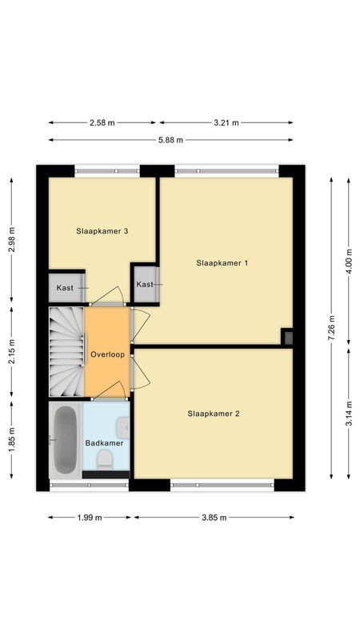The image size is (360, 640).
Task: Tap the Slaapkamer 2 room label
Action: (x=214, y=414)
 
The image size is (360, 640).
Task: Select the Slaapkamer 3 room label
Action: (x=102, y=231)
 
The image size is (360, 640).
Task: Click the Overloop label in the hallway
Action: (x=107, y=354)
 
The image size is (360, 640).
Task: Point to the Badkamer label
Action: (x=105, y=442)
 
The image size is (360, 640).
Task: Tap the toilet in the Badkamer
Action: (x=104, y=460)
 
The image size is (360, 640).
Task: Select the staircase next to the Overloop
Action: (x=66, y=353)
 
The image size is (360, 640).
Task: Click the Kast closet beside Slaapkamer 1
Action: (x=145, y=284)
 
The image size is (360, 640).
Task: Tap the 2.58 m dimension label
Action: (x=102, y=122)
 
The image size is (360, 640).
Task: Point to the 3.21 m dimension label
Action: (x=226, y=122)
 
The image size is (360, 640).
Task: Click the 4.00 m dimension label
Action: (x=349, y=261)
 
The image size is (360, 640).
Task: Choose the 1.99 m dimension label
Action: (x=89, y=518)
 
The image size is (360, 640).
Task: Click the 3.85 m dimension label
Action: (x=214, y=518)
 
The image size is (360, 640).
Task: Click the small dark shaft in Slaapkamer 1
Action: (x=287, y=337)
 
